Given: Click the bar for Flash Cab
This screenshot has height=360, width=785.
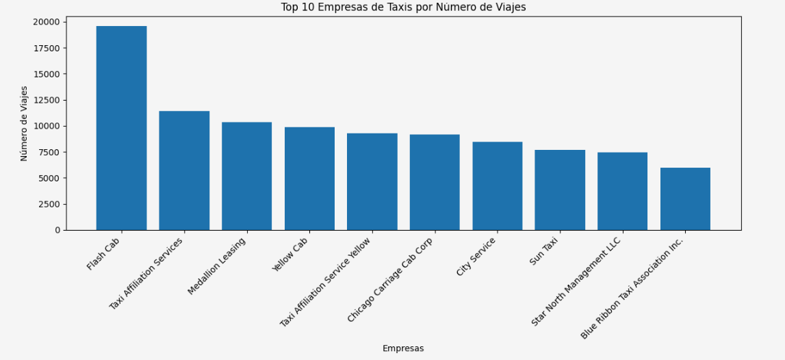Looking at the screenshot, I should (x=121, y=128).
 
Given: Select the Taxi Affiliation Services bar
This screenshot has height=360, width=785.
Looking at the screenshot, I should (x=184, y=170).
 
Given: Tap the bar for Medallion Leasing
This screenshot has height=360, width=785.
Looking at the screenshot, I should (x=246, y=176).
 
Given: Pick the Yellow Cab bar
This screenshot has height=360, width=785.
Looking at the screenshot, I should (x=309, y=179).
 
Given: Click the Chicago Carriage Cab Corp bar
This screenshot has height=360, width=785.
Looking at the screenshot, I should (x=435, y=182).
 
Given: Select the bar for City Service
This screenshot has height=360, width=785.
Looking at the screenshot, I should (x=497, y=186).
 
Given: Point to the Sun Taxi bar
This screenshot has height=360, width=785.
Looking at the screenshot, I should (x=560, y=190).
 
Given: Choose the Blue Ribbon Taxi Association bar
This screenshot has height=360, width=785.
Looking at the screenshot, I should (x=685, y=199).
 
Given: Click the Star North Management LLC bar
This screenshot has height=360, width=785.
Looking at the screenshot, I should (x=622, y=191).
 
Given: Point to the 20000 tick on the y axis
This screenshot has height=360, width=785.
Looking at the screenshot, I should (x=46, y=22).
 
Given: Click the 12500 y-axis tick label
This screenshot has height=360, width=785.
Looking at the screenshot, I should (x=46, y=100).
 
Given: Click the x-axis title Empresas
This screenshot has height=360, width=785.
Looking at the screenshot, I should (x=403, y=348).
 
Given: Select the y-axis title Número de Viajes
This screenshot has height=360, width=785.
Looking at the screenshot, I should (x=25, y=123).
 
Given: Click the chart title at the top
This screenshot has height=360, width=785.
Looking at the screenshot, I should (x=403, y=7).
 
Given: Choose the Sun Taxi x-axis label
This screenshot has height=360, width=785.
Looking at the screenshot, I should (x=545, y=251).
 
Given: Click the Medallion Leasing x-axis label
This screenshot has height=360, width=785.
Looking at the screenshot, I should (x=218, y=266).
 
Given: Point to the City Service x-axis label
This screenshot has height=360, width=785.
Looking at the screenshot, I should (x=477, y=257).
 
